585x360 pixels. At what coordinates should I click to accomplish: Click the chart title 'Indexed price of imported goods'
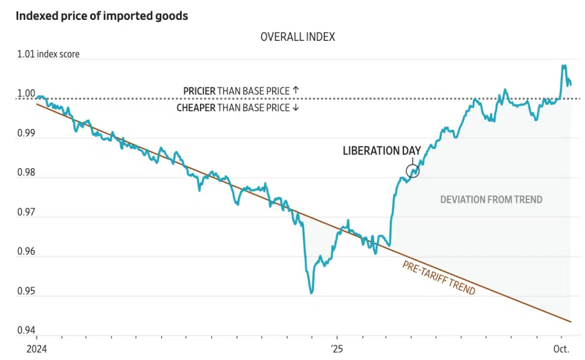pyautogui.click(x=102, y=16)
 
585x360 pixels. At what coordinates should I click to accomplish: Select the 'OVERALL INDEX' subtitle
pyautogui.click(x=298, y=37)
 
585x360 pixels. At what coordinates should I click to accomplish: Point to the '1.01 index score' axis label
pyautogui.click(x=48, y=55)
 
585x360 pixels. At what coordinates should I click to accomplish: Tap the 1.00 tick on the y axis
pyautogui.click(x=26, y=94)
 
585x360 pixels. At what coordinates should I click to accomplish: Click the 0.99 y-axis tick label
pyautogui.click(x=26, y=133)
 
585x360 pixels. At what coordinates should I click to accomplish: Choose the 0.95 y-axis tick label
pyautogui.click(x=26, y=291)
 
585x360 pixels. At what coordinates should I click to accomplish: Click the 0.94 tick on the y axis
pyautogui.click(x=26, y=330)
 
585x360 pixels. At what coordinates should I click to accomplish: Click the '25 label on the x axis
pyautogui.click(x=337, y=349)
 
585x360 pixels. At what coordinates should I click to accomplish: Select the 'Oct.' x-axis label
pyautogui.click(x=561, y=349)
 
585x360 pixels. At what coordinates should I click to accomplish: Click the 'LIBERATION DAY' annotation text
pyautogui.click(x=382, y=151)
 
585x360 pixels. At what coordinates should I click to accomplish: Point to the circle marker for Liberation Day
pyautogui.click(x=413, y=171)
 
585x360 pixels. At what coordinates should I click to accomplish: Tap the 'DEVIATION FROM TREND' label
pyautogui.click(x=491, y=199)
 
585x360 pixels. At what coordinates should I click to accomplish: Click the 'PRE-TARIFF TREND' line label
pyautogui.click(x=439, y=277)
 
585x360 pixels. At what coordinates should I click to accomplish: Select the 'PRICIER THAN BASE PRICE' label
pyautogui.click(x=241, y=90)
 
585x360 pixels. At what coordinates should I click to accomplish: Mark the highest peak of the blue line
pyautogui.click(x=563, y=65)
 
